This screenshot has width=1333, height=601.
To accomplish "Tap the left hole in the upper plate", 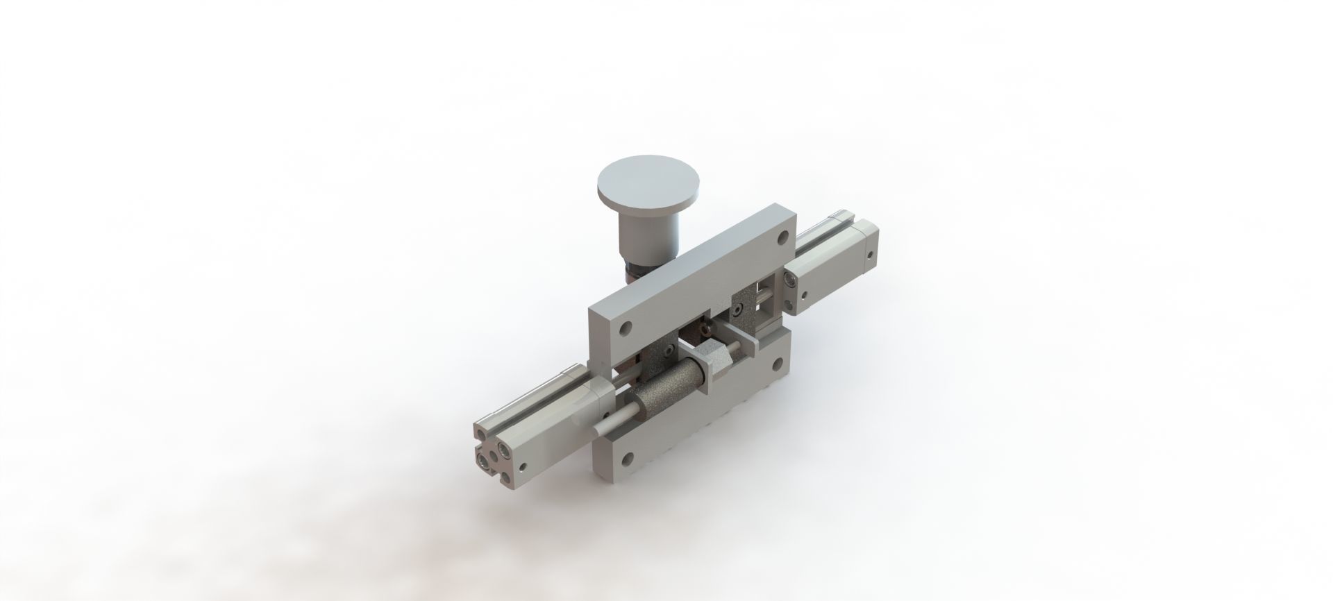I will [626, 327].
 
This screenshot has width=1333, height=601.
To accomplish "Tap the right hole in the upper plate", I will [782, 239].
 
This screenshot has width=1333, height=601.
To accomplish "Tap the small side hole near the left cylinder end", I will [525, 467].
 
